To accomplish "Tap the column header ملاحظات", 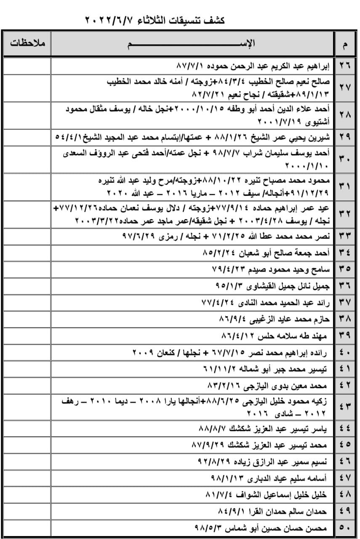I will click(28, 43).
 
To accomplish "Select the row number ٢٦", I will click(345, 67).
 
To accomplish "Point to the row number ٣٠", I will click(345, 159).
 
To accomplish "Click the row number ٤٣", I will click(345, 406).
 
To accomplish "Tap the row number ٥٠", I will click(345, 527).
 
